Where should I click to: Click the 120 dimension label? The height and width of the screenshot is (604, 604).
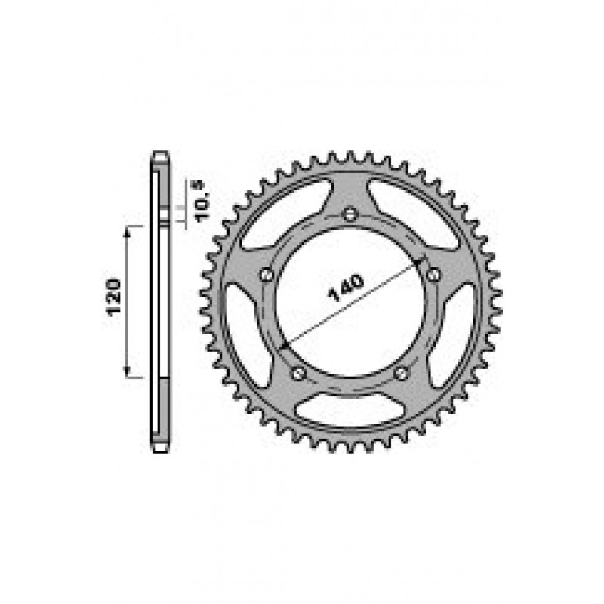pyautogui.click(x=114, y=297)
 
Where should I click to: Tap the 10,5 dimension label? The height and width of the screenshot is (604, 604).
pyautogui.click(x=203, y=202)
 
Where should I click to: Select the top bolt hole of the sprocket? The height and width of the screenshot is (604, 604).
pyautogui.click(x=350, y=214)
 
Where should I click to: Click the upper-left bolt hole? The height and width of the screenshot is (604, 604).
pyautogui.click(x=267, y=275)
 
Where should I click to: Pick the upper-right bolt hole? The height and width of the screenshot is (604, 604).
pyautogui.click(x=434, y=275)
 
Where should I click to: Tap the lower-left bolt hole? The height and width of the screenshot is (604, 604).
pyautogui.click(x=299, y=373)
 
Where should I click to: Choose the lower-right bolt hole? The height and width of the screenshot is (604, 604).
pyautogui.click(x=402, y=373)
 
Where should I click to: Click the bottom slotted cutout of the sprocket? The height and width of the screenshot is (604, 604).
pyautogui.click(x=350, y=408)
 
